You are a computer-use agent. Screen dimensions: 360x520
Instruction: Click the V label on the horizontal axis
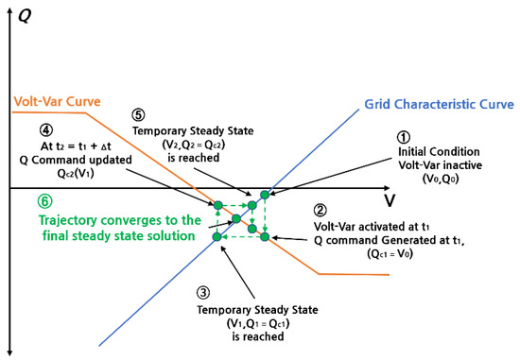pyautogui.click(x=390, y=201)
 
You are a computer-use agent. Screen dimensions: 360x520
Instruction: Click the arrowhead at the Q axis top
pyautogui.click(x=11, y=8)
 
